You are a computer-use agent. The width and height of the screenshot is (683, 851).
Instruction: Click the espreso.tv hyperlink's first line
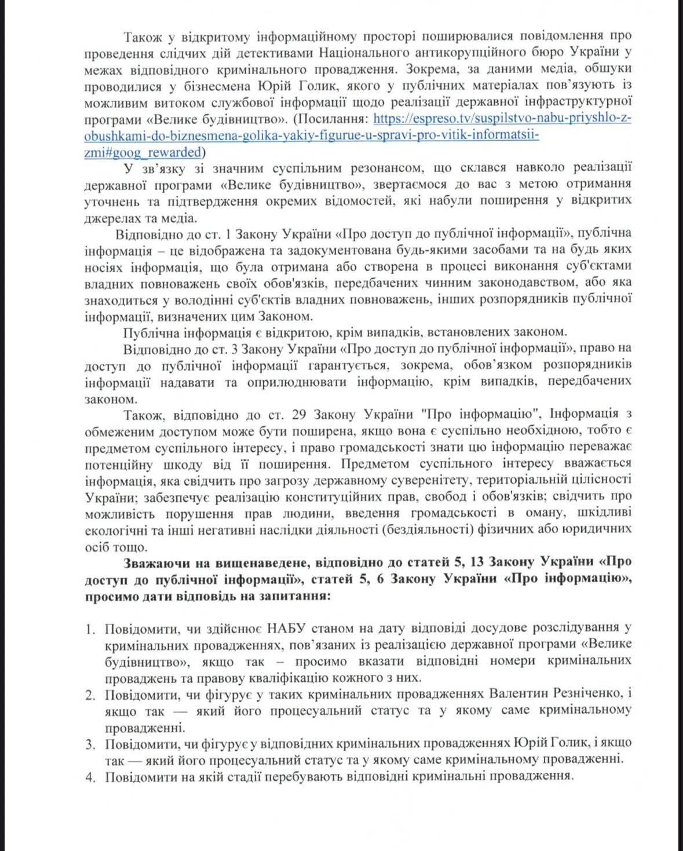point(502,119)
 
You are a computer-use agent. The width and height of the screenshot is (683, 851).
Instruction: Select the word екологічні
point(116,529)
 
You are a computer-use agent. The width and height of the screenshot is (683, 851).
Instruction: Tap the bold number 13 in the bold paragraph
point(477,563)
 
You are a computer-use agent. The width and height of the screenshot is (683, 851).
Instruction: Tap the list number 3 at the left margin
point(90,744)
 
